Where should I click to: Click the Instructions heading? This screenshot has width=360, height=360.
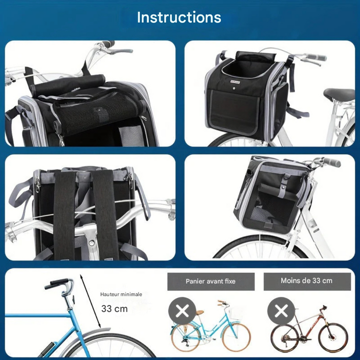(x=179, y=17)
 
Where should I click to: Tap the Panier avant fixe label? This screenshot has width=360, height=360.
(x=210, y=281)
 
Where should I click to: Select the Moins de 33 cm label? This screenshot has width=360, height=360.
(x=306, y=280)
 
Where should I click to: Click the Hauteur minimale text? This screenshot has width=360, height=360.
(x=121, y=294)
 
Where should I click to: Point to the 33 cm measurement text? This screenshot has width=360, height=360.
(x=114, y=308)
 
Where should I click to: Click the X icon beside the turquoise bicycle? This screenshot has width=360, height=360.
(x=182, y=311)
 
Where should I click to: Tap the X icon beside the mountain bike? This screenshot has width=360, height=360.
(x=281, y=311)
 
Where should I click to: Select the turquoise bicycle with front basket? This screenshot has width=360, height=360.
(x=210, y=327)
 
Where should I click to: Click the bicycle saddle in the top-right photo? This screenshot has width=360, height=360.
(x=339, y=94)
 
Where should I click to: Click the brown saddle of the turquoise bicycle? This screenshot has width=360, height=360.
(x=199, y=313)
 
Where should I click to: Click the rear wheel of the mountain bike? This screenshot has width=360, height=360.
(x=285, y=337)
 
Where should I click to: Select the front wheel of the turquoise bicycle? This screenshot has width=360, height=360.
(x=235, y=337)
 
